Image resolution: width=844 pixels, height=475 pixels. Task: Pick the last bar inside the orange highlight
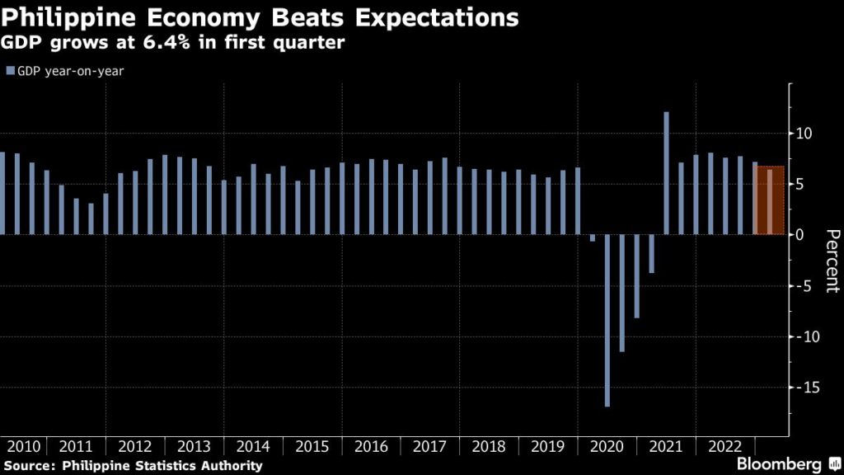(770, 201)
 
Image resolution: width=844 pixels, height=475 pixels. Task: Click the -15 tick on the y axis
(805, 388)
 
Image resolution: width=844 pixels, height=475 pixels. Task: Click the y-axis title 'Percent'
(831, 260)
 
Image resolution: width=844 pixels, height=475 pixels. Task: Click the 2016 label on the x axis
(372, 447)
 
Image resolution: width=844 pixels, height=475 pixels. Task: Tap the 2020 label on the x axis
(607, 447)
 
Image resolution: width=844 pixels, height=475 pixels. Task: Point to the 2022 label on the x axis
(724, 447)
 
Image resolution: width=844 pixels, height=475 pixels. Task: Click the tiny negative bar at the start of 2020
(593, 238)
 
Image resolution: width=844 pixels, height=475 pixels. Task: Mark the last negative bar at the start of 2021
(651, 254)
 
